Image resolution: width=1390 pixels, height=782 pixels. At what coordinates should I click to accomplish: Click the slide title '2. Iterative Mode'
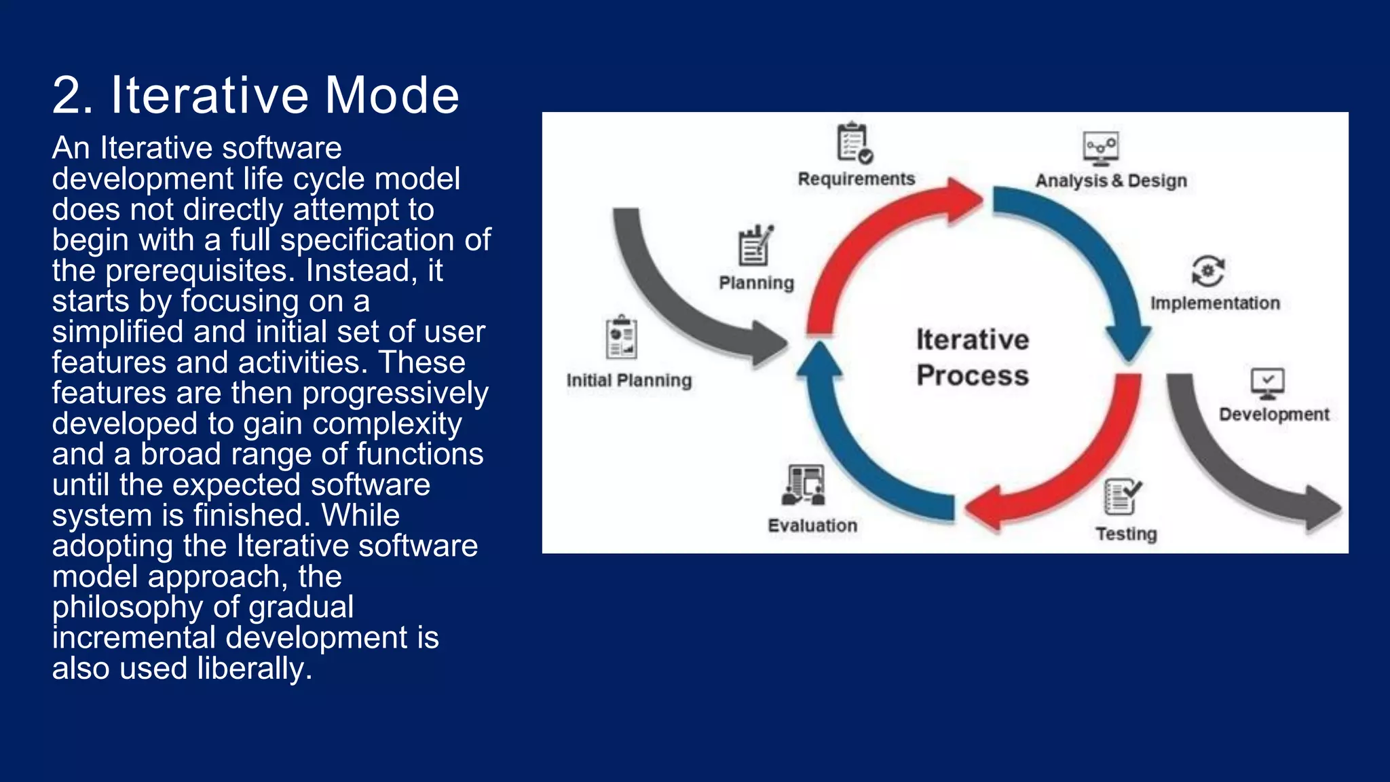(x=256, y=95)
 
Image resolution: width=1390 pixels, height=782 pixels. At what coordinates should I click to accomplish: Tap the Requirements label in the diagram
(x=856, y=179)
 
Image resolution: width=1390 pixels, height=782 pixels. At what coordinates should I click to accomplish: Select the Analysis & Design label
(x=1110, y=181)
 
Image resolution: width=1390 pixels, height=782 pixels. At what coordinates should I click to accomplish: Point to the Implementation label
(x=1214, y=303)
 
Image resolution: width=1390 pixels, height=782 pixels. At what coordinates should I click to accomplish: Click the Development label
(x=1273, y=414)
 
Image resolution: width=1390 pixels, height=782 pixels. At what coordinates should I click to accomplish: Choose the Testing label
(x=1125, y=534)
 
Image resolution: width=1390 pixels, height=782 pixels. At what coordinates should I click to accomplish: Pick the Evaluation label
(x=812, y=525)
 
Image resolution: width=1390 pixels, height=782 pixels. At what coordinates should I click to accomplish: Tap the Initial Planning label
(x=628, y=380)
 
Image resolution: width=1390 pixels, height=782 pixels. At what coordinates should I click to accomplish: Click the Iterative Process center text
(x=972, y=357)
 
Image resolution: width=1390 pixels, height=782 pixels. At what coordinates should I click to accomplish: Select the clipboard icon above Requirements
(x=854, y=143)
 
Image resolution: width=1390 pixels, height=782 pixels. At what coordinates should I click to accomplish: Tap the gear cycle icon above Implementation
(x=1208, y=271)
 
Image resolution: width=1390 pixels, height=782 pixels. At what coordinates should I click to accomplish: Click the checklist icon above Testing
(x=1122, y=497)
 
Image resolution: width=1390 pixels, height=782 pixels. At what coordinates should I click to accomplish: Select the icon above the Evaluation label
(x=804, y=485)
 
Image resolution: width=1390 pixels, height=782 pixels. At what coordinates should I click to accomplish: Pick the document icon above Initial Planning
(x=621, y=337)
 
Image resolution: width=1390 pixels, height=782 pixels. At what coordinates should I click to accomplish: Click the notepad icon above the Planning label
(x=755, y=246)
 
